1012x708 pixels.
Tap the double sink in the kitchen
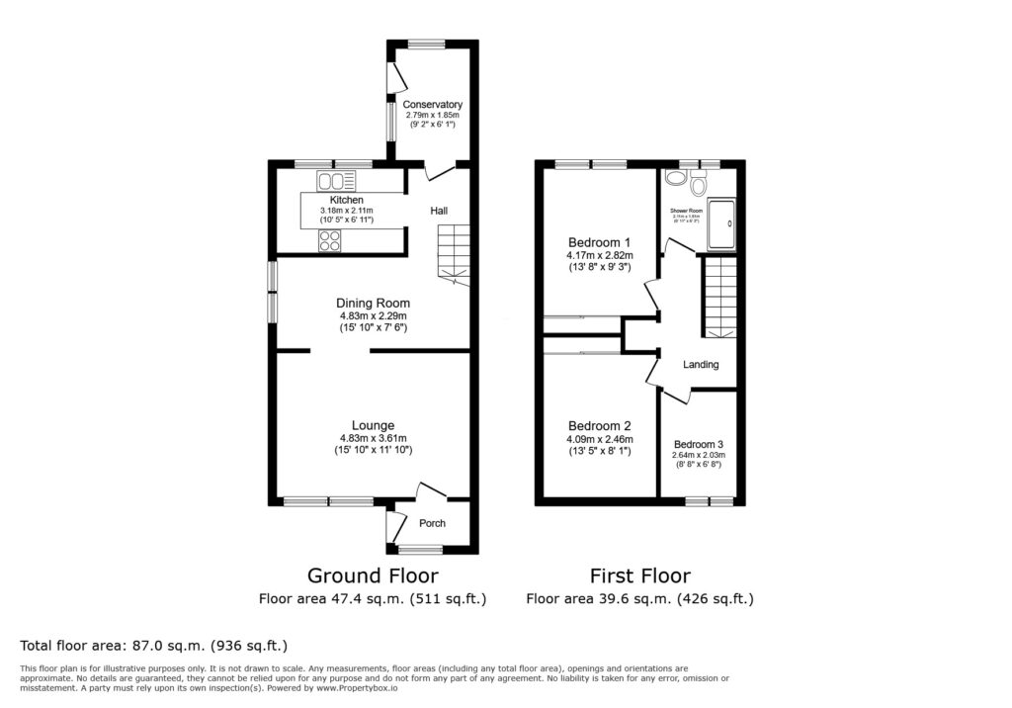tap(337, 181)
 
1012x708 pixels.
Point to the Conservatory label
tap(432, 105)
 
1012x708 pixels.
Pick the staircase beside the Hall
tap(454, 252)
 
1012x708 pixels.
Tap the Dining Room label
tap(373, 304)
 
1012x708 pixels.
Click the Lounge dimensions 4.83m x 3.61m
tap(373, 438)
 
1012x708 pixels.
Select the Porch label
tap(432, 523)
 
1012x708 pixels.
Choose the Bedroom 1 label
tap(599, 242)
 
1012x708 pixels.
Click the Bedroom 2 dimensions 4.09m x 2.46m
tap(600, 440)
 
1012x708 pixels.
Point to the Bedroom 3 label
tap(699, 445)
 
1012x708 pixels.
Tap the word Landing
tap(701, 365)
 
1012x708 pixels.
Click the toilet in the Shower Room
tap(699, 183)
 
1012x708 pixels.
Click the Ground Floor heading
tap(373, 575)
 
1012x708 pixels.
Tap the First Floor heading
tap(639, 575)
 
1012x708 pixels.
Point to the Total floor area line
tap(153, 646)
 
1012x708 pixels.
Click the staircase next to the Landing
tap(719, 295)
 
